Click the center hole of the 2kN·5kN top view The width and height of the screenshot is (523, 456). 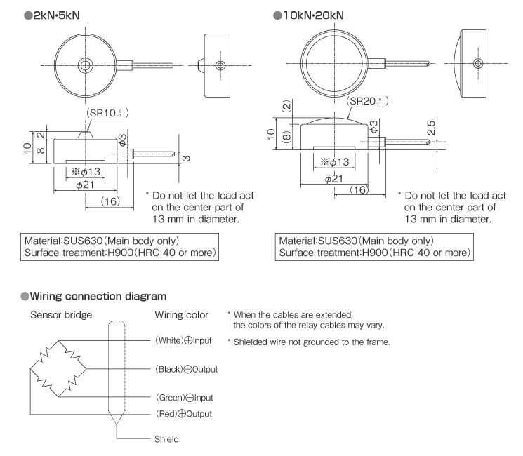pos(85,65)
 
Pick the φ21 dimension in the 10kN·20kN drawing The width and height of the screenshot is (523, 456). pos(335,179)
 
